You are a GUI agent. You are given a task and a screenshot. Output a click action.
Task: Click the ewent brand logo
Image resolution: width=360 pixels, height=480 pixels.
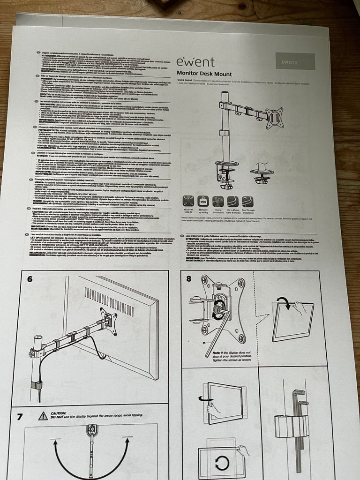point(195,62)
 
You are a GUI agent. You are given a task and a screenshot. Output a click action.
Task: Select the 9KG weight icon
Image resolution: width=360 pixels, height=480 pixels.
point(203,202)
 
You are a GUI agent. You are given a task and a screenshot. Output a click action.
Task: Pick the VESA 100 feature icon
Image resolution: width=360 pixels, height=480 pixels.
point(188,202)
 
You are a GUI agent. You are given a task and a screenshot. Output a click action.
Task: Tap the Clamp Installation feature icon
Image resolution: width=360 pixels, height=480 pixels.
point(218,202)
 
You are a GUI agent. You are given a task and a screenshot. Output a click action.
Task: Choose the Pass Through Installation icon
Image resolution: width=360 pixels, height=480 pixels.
point(247,202)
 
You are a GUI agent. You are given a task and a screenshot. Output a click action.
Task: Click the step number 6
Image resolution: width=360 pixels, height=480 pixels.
point(30,279)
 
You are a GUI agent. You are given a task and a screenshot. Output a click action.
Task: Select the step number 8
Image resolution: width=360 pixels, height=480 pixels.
point(188,278)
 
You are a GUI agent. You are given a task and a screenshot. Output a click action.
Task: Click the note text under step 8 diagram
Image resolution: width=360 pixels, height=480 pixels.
point(229,356)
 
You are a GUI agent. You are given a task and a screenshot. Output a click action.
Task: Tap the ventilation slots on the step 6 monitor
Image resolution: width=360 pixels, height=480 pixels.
point(109,301)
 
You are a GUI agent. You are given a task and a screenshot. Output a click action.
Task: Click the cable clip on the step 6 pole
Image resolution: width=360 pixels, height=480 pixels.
point(36,385)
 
